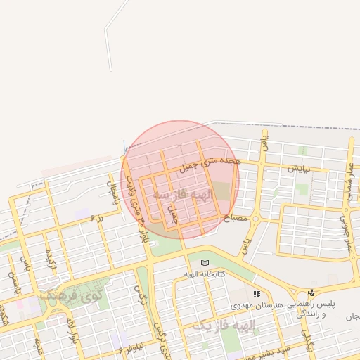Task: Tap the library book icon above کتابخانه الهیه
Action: (x=205, y=262)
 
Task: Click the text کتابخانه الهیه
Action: (x=205, y=274)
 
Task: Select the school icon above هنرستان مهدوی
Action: (x=257, y=294)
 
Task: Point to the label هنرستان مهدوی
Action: (x=256, y=305)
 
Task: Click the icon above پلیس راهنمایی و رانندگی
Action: (x=311, y=292)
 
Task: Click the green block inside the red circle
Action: (x=221, y=191)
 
